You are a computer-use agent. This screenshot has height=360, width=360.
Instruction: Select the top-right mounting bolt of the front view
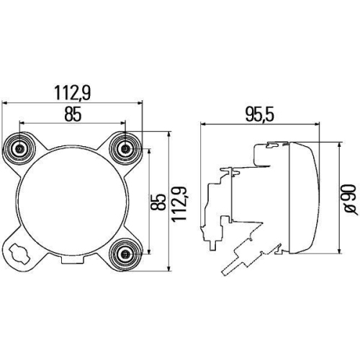click(x=127, y=149)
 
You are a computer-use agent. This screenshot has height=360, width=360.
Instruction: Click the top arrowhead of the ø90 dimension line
click(x=338, y=143)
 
